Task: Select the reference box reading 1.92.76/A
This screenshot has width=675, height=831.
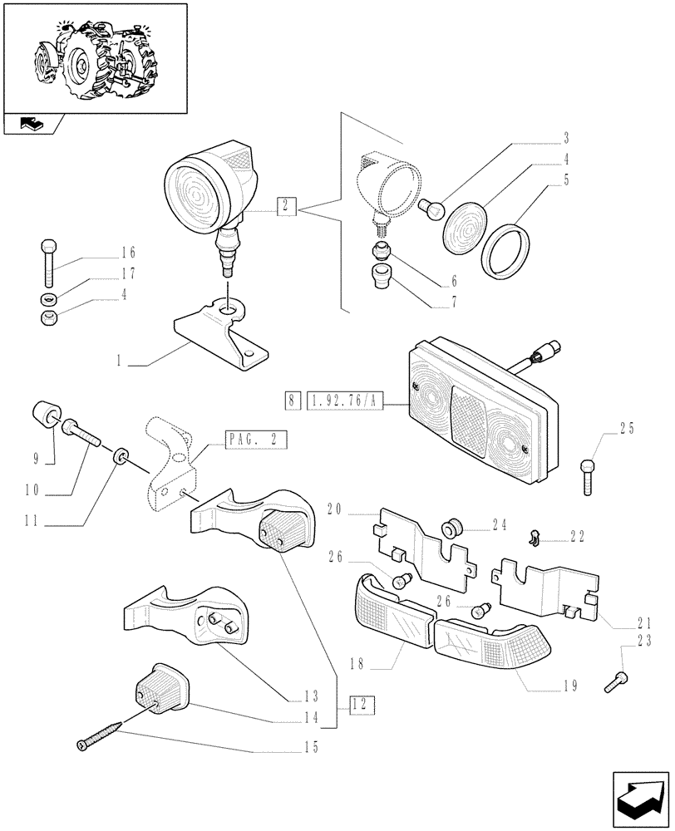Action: pyautogui.click(x=343, y=401)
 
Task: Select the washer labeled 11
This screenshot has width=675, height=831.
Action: pyautogui.click(x=121, y=456)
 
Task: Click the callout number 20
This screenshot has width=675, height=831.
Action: pyautogui.click(x=335, y=509)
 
